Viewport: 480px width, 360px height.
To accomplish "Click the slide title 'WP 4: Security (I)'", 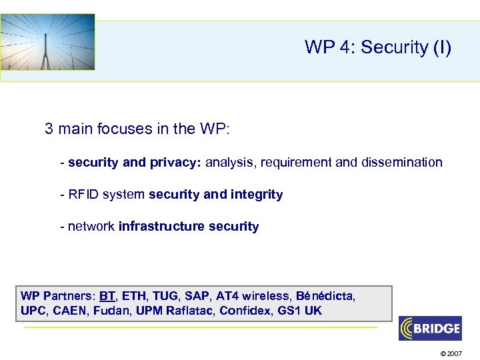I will tap(378, 47).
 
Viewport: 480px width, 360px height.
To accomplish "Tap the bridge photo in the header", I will tap(47, 42).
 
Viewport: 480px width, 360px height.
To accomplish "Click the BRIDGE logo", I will tap(430, 328).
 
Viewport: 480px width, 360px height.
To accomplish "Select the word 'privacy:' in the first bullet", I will tap(179, 163).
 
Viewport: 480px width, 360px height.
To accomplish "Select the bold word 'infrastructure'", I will tap(161, 227).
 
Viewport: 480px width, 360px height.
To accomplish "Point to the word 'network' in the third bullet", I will tap(91, 227).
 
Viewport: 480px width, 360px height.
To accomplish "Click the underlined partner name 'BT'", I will tap(107, 296).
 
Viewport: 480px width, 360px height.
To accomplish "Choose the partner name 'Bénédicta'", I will tap(326, 296).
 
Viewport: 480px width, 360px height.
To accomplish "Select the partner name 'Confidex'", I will tap(246, 311).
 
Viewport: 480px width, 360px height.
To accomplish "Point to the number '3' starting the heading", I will tap(49, 129).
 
